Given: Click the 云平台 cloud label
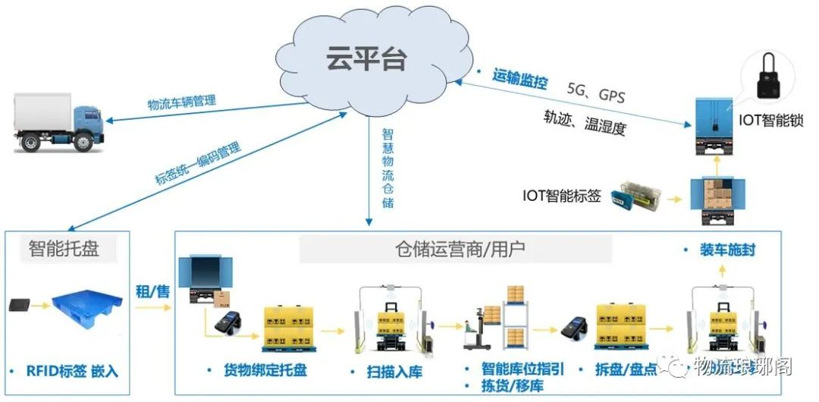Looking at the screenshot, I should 366,59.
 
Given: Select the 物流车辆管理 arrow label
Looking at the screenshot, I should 181,102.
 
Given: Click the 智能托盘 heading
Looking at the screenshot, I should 64,249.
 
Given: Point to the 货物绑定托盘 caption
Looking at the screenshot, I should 265,371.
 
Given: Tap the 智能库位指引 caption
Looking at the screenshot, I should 523,369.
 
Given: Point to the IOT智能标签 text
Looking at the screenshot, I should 561,196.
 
